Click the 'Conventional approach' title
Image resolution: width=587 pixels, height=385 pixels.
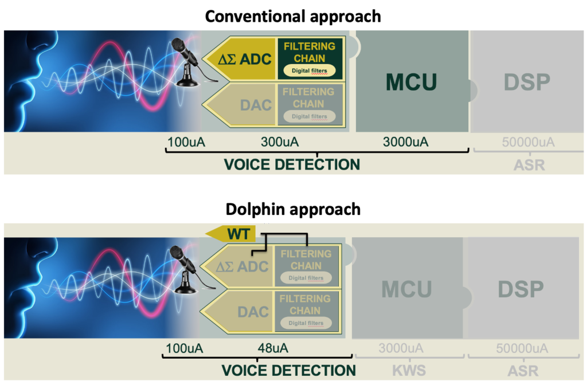(x=293, y=15)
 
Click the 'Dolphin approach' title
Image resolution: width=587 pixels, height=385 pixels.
(x=293, y=209)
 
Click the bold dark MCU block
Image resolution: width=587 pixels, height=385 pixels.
(x=411, y=82)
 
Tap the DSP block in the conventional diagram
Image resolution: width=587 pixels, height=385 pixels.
(x=527, y=82)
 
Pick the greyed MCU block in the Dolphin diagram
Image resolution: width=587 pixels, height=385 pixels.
(x=406, y=289)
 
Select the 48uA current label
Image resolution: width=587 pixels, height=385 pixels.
(x=273, y=348)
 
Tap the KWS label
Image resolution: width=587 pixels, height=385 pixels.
(x=409, y=370)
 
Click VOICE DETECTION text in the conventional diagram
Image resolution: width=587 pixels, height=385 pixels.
(x=292, y=164)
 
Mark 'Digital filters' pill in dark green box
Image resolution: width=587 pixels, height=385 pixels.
(x=309, y=71)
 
